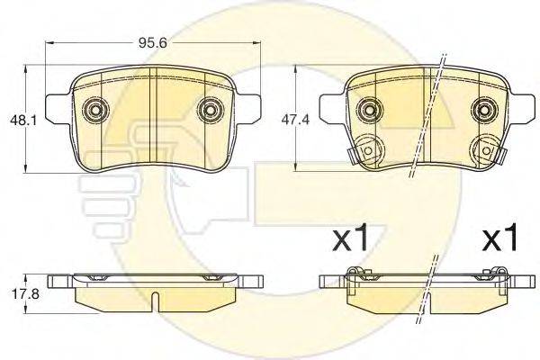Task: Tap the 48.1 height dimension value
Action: pos(22,121)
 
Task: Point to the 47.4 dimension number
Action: pos(295,120)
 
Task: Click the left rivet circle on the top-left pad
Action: pos(95,110)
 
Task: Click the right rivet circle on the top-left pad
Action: pos(210,110)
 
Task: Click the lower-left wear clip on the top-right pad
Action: pos(365,150)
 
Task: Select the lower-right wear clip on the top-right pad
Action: pos(489,150)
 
